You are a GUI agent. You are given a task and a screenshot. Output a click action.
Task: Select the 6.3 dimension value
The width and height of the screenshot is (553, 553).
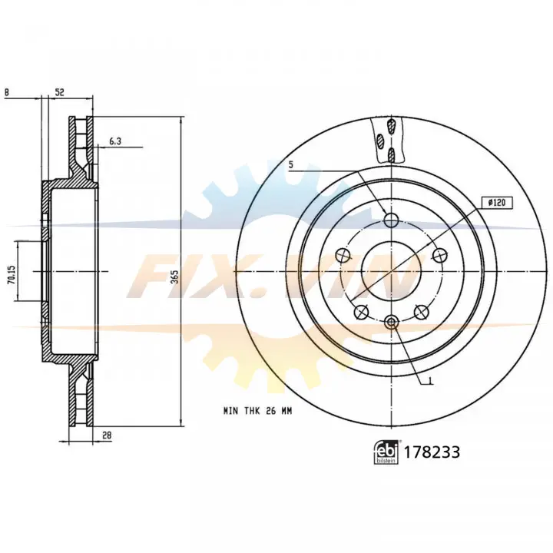[115, 141]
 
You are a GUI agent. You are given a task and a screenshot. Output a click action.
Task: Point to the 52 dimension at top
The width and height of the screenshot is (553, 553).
[60, 92]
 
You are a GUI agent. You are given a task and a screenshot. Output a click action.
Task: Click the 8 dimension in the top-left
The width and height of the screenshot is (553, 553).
[6, 92]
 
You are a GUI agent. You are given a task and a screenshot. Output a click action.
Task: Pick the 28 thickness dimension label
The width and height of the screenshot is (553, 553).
[107, 435]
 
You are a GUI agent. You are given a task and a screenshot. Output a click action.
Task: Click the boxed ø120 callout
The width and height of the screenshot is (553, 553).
[497, 203]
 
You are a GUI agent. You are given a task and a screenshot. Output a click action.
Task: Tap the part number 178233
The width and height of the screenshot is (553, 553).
[432, 452]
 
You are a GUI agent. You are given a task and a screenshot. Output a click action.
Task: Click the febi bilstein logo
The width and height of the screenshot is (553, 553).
[386, 452]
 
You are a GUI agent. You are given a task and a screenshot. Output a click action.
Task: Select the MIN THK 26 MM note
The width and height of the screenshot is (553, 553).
[258, 411]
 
